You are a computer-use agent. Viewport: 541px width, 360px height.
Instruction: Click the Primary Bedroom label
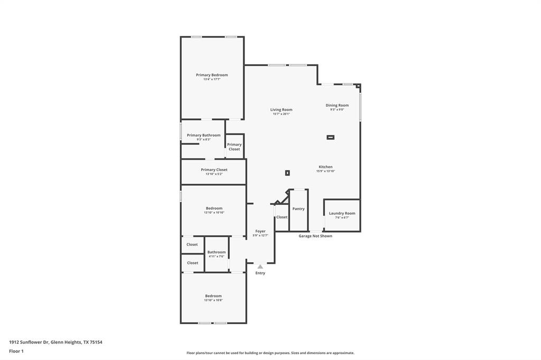point(212,75)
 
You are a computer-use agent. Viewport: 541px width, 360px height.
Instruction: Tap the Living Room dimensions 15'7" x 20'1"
point(281,114)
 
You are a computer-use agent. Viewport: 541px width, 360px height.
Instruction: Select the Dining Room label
point(337,105)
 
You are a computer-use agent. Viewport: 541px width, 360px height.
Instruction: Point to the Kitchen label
point(325,167)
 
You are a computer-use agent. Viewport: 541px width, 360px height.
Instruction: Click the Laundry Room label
point(342,213)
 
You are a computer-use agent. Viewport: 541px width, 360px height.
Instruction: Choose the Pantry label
point(299,209)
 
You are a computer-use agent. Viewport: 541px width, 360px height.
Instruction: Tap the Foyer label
point(260,231)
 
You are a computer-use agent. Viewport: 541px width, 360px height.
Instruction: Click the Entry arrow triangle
point(260,267)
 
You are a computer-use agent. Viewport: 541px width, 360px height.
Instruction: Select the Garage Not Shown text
point(315,236)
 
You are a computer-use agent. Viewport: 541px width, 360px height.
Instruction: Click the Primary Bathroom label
point(203,135)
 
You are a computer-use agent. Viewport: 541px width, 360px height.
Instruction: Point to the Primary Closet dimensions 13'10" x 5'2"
point(214,174)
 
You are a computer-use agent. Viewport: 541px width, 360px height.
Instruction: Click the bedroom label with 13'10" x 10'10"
point(214,208)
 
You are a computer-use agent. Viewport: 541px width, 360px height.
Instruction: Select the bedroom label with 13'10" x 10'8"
point(213,296)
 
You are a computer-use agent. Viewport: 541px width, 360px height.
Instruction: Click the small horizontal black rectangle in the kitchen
point(330,137)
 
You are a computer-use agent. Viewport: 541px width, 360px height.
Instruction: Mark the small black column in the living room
point(287,173)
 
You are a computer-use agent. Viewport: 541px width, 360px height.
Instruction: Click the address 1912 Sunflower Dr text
point(55,342)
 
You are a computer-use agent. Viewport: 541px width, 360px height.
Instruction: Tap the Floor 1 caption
point(16,351)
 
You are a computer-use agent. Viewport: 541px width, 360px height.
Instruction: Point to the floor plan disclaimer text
point(270,353)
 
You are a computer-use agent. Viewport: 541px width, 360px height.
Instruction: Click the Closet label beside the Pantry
point(282,217)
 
